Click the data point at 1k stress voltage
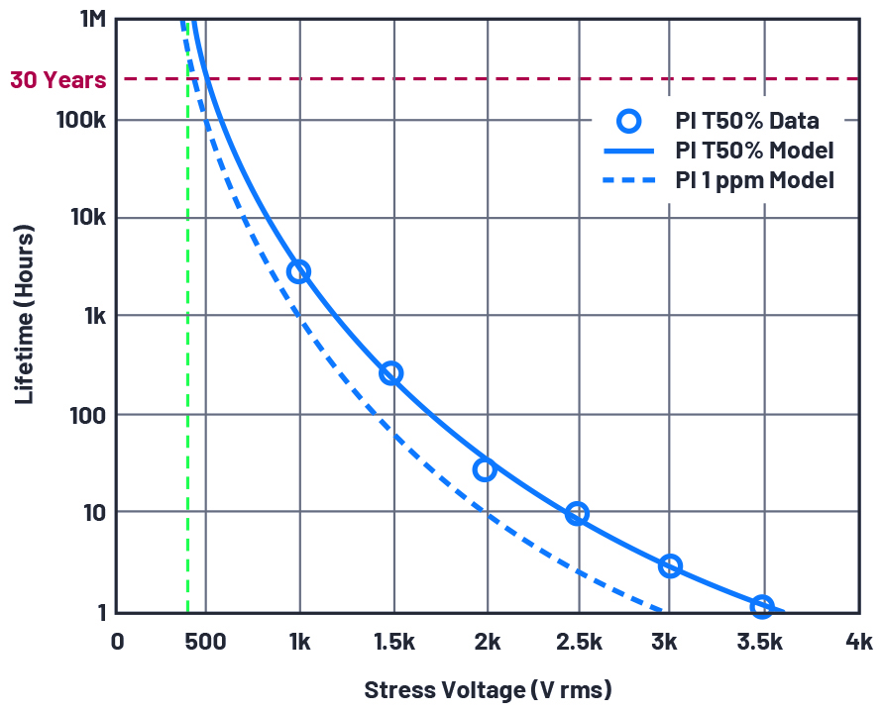click(298, 271)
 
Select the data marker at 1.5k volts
click(390, 373)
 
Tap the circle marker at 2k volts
click(484, 469)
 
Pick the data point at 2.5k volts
click(577, 513)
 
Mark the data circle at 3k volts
click(670, 565)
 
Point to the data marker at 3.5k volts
click(761, 606)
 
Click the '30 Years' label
click(57, 79)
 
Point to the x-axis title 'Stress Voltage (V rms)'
click(488, 689)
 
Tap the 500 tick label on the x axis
click(205, 642)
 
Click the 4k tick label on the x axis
click(858, 642)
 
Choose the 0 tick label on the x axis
click(117, 642)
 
